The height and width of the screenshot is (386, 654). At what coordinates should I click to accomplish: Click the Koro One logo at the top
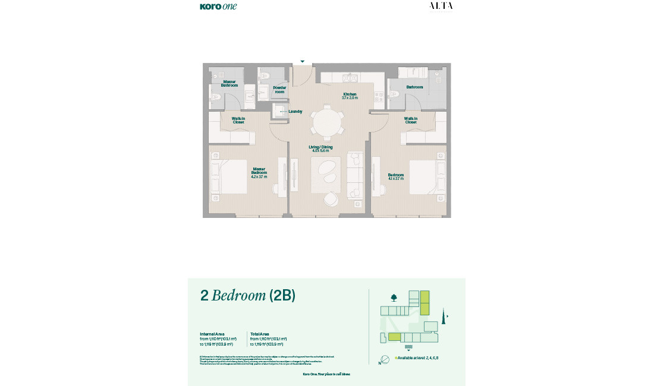coord(218,7)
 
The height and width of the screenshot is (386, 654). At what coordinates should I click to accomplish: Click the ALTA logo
coord(441,6)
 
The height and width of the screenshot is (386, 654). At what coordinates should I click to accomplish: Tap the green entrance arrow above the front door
coord(302,61)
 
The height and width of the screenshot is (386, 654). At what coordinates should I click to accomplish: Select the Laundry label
coord(295,111)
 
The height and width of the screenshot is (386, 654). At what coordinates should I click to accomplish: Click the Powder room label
coord(279,90)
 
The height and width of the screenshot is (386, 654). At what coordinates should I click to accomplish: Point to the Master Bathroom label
coord(229,84)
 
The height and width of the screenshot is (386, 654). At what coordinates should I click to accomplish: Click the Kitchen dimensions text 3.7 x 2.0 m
coord(350,98)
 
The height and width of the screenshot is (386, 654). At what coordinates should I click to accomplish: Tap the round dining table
coord(328,122)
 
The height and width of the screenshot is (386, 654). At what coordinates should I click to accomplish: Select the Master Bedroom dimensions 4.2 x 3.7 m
coord(259,176)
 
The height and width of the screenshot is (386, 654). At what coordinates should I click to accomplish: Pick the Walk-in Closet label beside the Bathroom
coord(411,120)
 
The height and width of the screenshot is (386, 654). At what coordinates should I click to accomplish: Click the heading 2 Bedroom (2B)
coord(248,295)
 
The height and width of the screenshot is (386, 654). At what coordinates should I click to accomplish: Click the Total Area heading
coord(260,334)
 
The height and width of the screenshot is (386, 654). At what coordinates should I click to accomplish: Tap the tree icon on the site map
coord(394,298)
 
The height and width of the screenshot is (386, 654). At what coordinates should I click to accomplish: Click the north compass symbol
coord(385,359)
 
